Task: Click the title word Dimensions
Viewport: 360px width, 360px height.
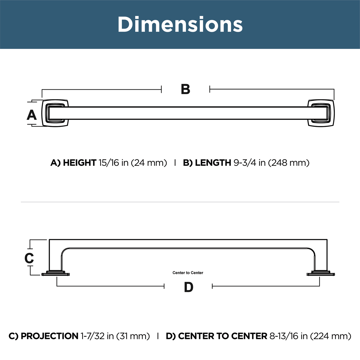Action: pyautogui.click(x=180, y=24)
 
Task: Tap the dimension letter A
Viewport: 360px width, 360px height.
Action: pyautogui.click(x=31, y=115)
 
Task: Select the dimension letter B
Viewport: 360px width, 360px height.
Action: pyautogui.click(x=185, y=89)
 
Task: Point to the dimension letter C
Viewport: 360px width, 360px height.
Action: pyautogui.click(x=29, y=258)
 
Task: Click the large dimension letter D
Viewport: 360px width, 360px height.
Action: pyautogui.click(x=188, y=287)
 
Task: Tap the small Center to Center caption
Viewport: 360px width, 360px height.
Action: pyautogui.click(x=188, y=273)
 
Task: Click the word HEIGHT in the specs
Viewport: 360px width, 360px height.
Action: pyautogui.click(x=80, y=163)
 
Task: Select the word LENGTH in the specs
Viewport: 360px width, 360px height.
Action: pyautogui.click(x=213, y=163)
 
